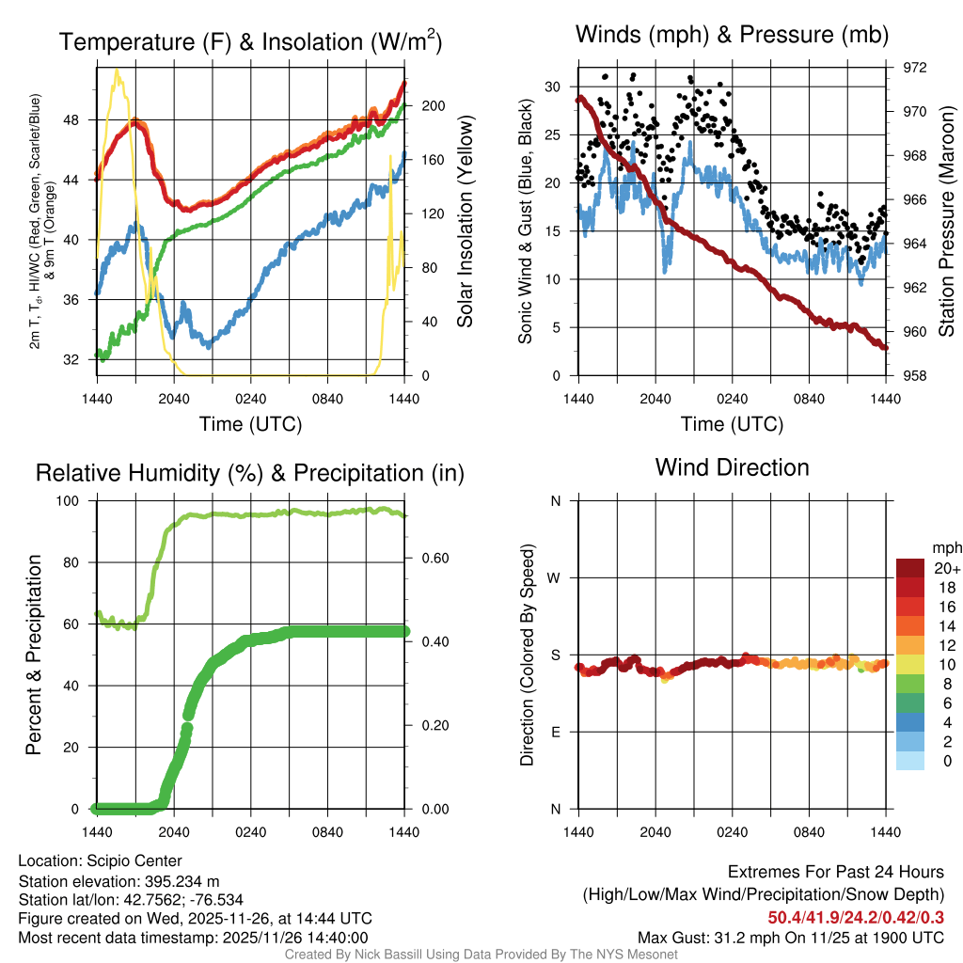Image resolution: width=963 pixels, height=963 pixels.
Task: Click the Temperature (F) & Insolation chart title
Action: [250, 41]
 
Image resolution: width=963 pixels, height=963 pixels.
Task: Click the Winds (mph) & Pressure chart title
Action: [732, 36]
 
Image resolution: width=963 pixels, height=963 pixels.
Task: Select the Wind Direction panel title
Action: [732, 467]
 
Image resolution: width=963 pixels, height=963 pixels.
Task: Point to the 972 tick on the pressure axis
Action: [914, 68]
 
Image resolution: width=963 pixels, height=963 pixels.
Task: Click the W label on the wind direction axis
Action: [556, 578]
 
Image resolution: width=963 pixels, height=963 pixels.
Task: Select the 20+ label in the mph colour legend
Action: [946, 568]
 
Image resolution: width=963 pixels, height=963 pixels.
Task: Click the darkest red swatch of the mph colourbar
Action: [911, 568]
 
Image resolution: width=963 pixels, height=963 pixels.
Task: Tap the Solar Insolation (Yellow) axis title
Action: [466, 222]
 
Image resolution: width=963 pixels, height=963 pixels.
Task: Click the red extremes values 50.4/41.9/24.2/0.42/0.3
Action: [856, 917]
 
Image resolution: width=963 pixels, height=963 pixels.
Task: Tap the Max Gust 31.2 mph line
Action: [790, 937]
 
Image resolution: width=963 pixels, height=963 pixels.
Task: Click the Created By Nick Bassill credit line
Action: [481, 955]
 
